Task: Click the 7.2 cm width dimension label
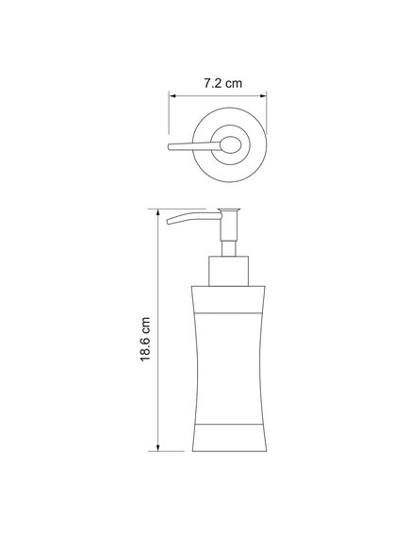click(223, 83)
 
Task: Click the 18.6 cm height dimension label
click(145, 339)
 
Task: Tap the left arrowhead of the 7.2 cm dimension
click(172, 96)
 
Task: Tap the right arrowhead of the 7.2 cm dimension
click(263, 96)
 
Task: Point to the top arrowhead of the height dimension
click(158, 212)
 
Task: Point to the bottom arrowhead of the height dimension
click(158, 448)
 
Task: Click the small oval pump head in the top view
click(231, 145)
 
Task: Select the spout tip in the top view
click(170, 147)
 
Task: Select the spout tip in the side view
click(169, 222)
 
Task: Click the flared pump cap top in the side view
click(229, 210)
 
